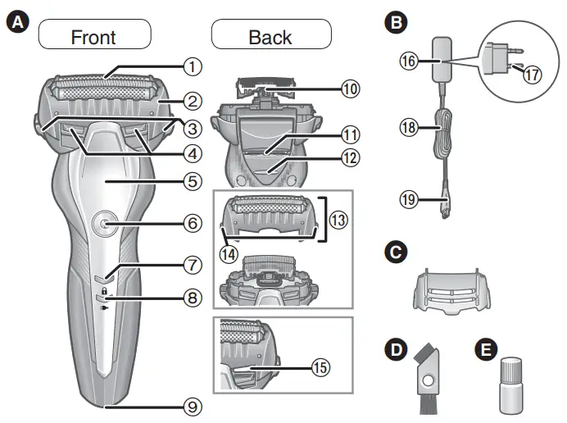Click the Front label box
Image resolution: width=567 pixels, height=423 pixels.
(x=93, y=36)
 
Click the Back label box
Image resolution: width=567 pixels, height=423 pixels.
(x=270, y=36)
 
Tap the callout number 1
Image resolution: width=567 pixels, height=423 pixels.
(x=191, y=64)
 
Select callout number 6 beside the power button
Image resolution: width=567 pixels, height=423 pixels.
(x=191, y=222)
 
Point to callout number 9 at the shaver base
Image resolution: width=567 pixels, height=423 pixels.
(x=191, y=405)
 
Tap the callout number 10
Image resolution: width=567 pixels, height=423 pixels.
(x=351, y=89)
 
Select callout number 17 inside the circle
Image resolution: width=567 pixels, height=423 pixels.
(x=533, y=73)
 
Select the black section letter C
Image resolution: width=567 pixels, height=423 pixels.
(x=397, y=253)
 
